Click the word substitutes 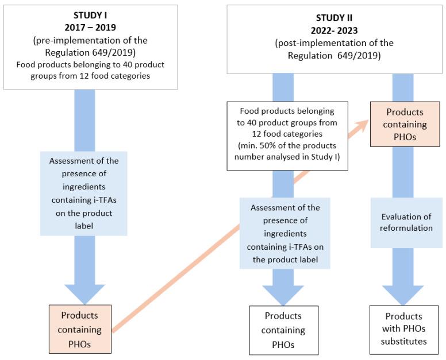click(x=403, y=342)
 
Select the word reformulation click(x=407, y=228)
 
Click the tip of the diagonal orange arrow click(x=368, y=121)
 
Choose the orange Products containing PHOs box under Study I click(x=80, y=329)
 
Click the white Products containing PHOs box click(x=283, y=330)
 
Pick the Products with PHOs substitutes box click(x=404, y=329)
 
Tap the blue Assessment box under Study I click(x=84, y=193)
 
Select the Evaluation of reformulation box click(x=406, y=223)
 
